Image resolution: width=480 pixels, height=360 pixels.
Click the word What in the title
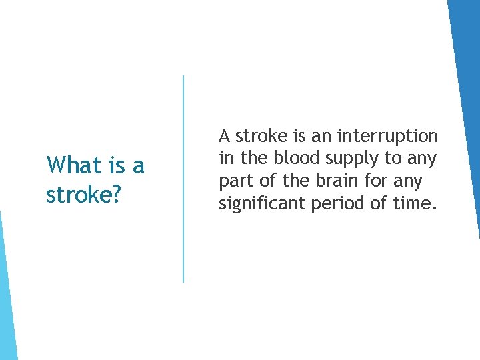point(70,165)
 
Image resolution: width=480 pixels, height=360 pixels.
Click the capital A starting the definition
point(225,136)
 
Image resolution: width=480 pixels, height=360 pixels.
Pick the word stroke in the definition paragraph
point(262,136)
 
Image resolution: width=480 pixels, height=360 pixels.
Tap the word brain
point(346,181)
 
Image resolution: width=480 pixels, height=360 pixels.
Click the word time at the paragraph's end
point(415,203)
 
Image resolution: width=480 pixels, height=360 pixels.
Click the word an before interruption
point(322,136)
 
